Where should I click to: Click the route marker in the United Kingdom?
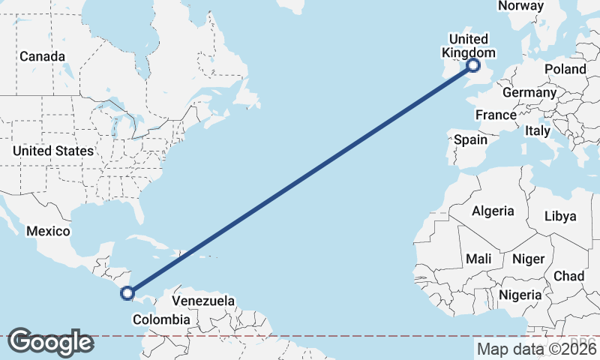coord(473,66)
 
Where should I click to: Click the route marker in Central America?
coord(127,293)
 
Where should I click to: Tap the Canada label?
coord(42,56)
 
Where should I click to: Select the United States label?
coord(52,151)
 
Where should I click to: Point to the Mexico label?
coord(48,231)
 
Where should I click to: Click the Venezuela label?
coord(203,301)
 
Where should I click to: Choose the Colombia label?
coord(161,319)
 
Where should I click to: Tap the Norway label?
coord(520,6)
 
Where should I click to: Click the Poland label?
coord(565,69)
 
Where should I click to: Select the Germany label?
coord(529,92)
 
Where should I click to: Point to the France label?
coord(496,115)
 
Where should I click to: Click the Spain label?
coord(470,139)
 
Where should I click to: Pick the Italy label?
coord(538,130)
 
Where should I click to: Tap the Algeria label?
coord(493,211)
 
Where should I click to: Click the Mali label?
coord(478,259)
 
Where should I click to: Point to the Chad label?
coord(568,276)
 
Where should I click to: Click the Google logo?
coord(50,342)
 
